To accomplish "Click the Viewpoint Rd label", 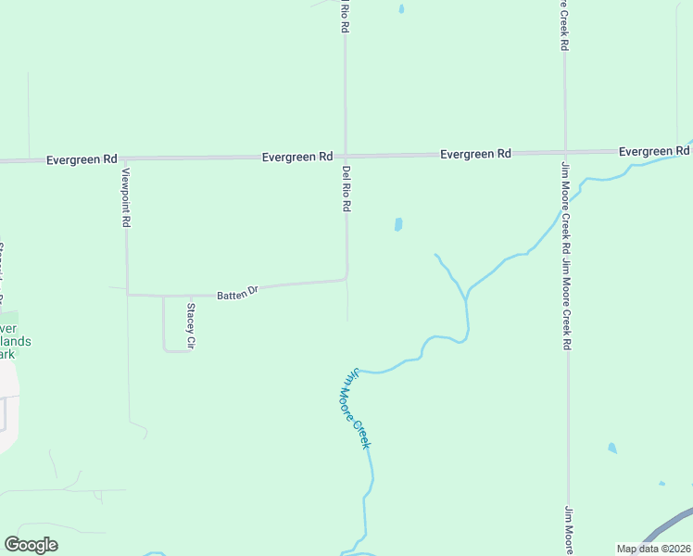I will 126,197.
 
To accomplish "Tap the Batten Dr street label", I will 237,293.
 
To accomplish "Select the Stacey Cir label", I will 191,326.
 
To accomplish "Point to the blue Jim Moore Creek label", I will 358,409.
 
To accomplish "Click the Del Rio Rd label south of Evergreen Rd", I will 346,189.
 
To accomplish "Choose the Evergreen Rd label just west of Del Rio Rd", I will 296,158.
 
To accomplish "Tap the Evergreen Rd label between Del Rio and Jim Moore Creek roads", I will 475,154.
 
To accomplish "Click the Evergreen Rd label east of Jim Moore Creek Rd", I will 654,151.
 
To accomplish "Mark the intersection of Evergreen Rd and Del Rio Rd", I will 346,156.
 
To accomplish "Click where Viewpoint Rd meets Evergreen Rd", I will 125,159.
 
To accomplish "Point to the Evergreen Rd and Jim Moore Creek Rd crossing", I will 565,151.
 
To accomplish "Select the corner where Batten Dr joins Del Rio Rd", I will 346,277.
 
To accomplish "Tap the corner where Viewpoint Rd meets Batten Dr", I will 127,295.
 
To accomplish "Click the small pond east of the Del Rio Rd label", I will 398,224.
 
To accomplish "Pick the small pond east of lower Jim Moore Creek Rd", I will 611,449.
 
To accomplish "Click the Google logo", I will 31,545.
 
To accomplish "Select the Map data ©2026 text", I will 652,549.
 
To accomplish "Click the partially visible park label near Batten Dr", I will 14,341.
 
